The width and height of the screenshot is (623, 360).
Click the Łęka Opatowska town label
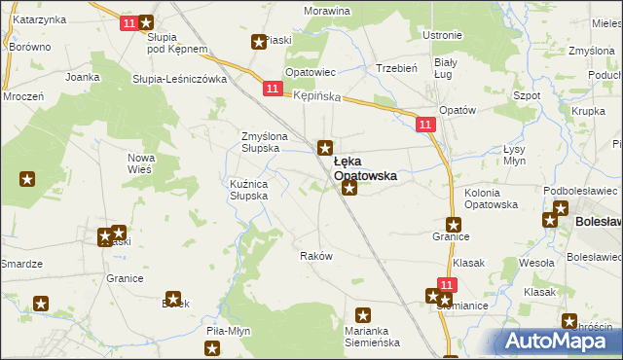(x=365, y=168)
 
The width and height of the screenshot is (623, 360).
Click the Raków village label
(x=316, y=255)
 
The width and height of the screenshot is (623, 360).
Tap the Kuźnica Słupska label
(x=255, y=189)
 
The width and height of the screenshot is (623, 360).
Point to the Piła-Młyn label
(x=229, y=331)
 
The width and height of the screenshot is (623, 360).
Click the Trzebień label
(x=396, y=68)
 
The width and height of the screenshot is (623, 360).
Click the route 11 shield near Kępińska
(x=272, y=89)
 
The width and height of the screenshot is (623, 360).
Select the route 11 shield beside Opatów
(x=424, y=125)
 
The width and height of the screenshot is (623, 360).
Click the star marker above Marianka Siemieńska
(x=363, y=315)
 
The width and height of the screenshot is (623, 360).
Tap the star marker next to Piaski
(x=259, y=42)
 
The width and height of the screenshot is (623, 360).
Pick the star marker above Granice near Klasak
(x=453, y=224)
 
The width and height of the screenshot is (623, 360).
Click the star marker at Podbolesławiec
(x=560, y=208)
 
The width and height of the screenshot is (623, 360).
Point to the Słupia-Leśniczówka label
(x=179, y=79)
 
